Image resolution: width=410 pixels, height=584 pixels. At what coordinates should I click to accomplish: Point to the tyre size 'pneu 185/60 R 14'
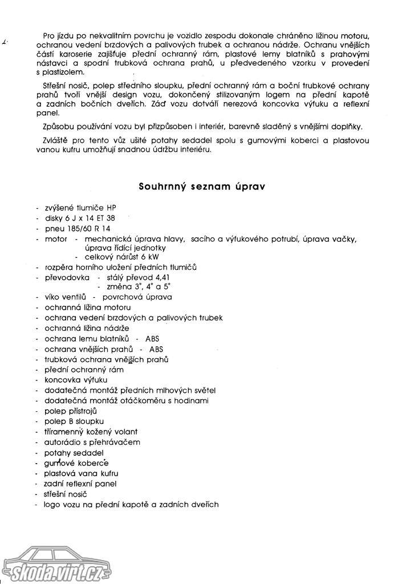[x=74, y=229]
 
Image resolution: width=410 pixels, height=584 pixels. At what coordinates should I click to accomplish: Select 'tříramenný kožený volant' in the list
[x=91, y=432]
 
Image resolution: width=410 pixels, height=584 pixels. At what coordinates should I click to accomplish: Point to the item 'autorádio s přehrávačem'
[x=92, y=442]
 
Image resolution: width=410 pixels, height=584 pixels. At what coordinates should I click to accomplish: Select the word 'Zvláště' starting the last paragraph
[x=56, y=140]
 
